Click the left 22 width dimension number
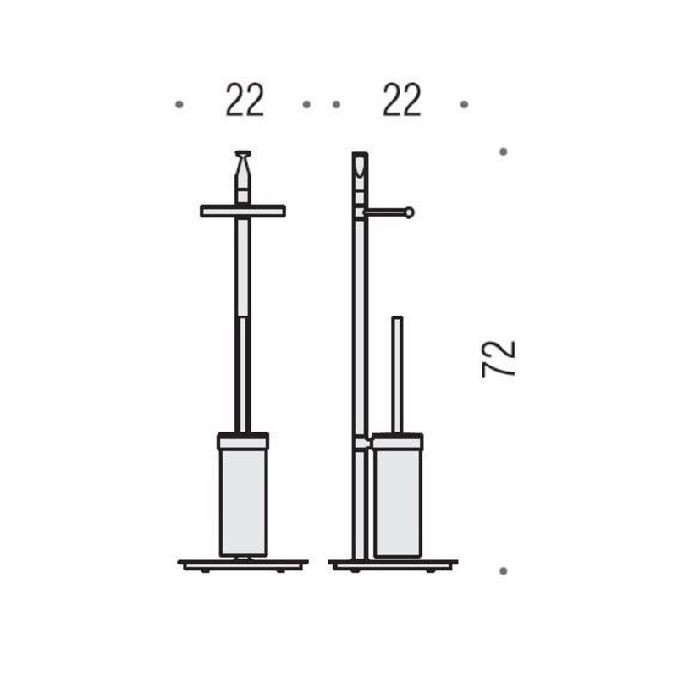[x=245, y=100]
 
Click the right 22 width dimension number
[x=402, y=100]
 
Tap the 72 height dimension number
[x=499, y=360]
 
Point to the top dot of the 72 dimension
[x=503, y=151]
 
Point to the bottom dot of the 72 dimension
[x=503, y=570]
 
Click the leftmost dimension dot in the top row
[x=179, y=104]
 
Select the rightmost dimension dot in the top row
[x=465, y=104]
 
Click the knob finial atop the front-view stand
[x=243, y=164]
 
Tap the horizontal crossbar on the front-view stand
[x=243, y=211]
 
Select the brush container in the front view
[x=243, y=495]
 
